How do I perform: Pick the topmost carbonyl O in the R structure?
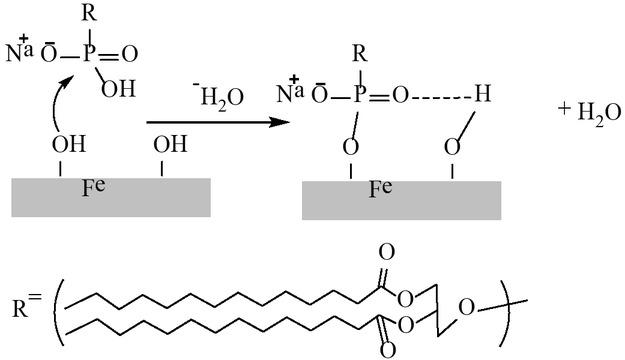[386, 252]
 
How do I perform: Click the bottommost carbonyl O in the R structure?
[386, 350]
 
